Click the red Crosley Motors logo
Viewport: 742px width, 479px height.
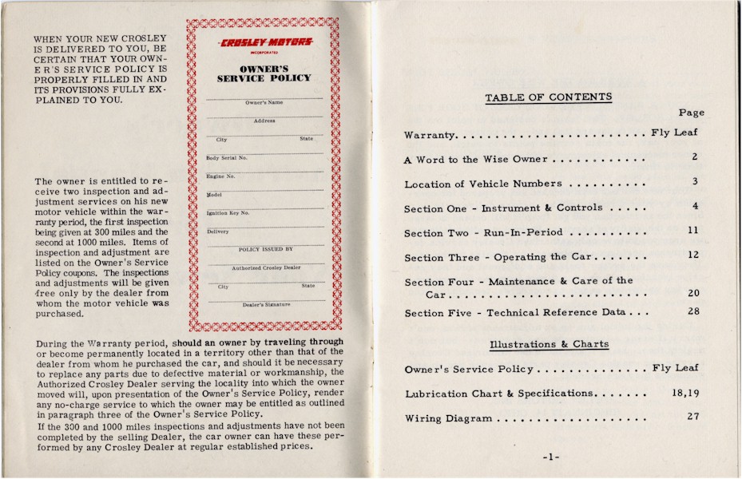[x=264, y=42]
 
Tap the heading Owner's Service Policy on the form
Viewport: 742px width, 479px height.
[x=264, y=73]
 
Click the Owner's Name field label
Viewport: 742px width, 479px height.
[x=264, y=103]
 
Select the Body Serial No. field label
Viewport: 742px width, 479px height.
[x=227, y=158]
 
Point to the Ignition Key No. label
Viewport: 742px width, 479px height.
[x=228, y=213]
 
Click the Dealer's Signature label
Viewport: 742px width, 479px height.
[x=266, y=305]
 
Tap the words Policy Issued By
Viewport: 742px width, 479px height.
[x=266, y=250]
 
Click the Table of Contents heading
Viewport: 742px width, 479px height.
[x=548, y=97]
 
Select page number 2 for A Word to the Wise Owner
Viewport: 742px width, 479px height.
[x=695, y=157]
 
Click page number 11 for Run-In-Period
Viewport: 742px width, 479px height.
[x=693, y=231]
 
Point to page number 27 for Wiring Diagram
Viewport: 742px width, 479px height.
[x=693, y=416]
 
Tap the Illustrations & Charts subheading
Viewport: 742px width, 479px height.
[x=549, y=344]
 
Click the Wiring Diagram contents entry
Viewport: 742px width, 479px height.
[x=447, y=418]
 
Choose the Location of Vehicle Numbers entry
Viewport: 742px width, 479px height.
[x=482, y=184]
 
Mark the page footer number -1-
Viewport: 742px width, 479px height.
[x=551, y=457]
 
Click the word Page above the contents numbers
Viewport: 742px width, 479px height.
[x=691, y=113]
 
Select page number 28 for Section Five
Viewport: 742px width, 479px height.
[x=693, y=311]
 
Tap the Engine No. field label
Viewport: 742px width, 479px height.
[x=220, y=176]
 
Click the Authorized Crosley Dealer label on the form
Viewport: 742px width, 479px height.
[x=266, y=268]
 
